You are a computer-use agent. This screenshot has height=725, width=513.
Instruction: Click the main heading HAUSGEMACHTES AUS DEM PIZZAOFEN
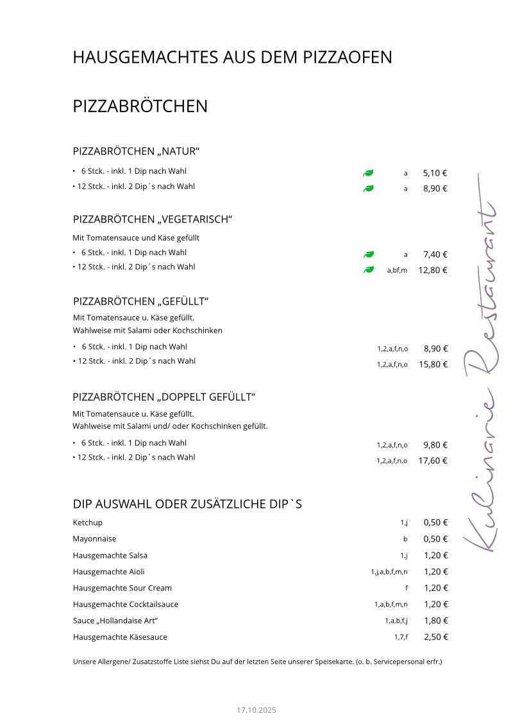point(232,57)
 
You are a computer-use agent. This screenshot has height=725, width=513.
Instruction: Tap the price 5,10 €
point(435,173)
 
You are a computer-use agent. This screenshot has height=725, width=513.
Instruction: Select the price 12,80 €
point(432,270)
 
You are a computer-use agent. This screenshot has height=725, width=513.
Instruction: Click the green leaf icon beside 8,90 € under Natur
point(368,188)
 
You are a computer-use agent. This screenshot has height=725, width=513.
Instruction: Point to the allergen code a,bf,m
point(397,271)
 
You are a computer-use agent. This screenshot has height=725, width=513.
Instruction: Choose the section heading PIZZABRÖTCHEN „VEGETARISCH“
point(152,219)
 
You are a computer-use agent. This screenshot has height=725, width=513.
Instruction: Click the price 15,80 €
point(433,364)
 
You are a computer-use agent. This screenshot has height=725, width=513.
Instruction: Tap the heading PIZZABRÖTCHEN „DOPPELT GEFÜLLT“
point(164,396)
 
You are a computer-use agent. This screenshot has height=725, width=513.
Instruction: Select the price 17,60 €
point(433,460)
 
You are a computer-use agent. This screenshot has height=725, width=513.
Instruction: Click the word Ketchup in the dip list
point(88,522)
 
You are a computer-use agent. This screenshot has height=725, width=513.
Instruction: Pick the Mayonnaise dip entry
point(95,539)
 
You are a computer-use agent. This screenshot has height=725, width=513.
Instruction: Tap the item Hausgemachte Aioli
point(108,572)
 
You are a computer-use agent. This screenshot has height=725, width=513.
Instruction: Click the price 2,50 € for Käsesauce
point(435,637)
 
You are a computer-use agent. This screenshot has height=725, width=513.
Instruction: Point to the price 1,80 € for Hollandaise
point(435,621)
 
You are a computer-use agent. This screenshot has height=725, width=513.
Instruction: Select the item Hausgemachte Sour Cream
point(122,588)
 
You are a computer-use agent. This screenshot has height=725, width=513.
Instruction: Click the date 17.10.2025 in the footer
point(256,710)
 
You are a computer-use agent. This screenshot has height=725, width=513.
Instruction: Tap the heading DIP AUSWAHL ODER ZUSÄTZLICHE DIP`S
point(187,504)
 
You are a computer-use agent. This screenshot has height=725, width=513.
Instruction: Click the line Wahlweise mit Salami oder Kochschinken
point(147,331)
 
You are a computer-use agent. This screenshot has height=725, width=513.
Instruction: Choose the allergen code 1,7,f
point(401,637)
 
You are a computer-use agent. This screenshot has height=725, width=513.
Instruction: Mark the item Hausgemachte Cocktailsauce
point(126,604)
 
